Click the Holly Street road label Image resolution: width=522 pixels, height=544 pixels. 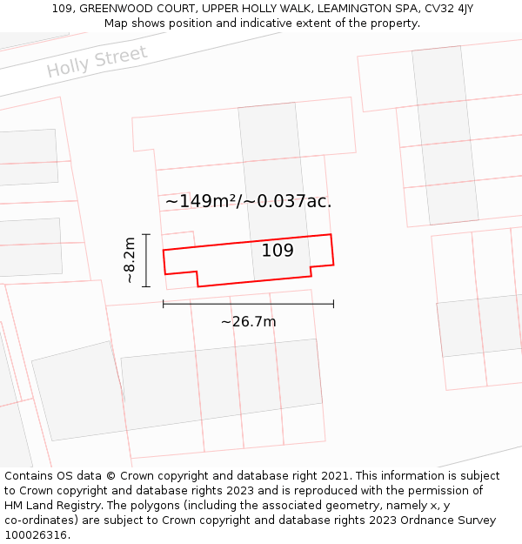click(97, 61)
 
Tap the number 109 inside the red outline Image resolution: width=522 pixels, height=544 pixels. click(278, 251)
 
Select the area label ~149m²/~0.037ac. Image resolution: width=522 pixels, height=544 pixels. click(249, 201)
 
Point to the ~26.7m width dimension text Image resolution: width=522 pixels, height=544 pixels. click(248, 322)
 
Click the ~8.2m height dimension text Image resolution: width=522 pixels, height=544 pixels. click(130, 260)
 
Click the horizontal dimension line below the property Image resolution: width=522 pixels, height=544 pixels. click(248, 304)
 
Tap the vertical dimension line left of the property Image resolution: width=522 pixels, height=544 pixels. click(146, 260)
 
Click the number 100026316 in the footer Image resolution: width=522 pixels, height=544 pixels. click(35, 535)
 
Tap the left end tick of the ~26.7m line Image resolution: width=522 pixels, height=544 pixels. click(164, 304)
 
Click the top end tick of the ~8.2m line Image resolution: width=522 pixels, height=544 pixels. click(146, 234)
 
